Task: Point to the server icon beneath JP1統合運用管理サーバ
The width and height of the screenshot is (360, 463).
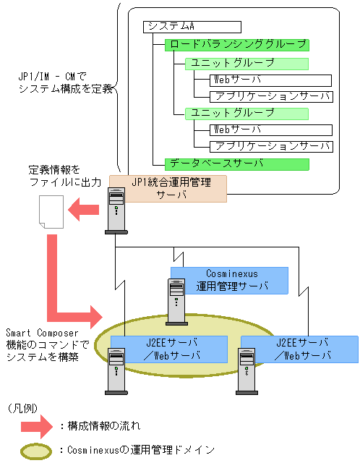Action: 116,211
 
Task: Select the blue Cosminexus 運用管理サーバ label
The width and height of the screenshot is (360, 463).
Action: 228,280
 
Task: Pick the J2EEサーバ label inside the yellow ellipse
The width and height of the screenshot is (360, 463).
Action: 168,349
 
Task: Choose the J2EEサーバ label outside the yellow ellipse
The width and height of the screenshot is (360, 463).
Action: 298,349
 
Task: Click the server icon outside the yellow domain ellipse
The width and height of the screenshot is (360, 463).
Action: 246,369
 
